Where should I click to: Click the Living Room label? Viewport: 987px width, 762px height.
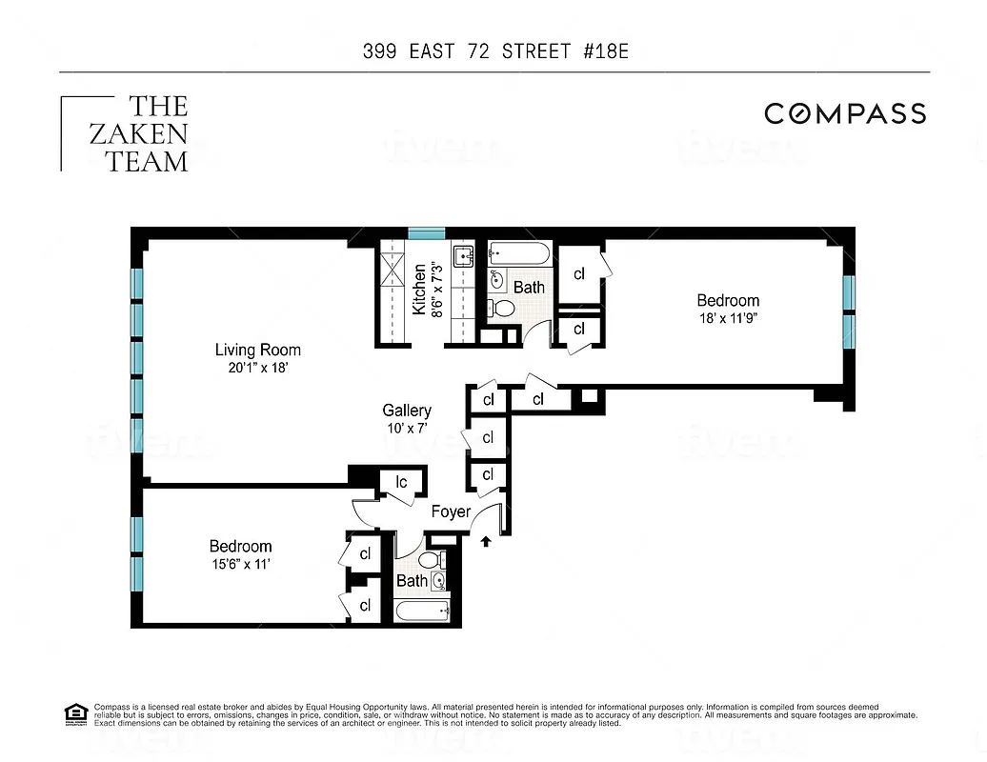click(257, 350)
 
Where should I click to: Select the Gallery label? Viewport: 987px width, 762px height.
click(407, 411)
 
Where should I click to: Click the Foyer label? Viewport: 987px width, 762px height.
click(451, 511)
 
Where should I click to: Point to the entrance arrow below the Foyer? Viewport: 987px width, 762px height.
click(488, 542)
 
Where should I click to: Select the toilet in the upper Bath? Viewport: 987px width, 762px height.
click(499, 308)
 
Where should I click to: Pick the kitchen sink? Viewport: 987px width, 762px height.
click(464, 255)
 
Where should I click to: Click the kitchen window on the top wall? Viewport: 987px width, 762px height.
click(426, 232)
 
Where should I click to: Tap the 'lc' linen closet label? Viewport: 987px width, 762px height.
click(401, 482)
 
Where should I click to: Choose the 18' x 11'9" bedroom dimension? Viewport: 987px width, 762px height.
click(728, 319)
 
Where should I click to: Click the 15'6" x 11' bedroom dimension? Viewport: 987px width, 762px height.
click(240, 564)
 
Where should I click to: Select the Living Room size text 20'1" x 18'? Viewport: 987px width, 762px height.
click(257, 368)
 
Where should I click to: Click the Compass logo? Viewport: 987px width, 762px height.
click(845, 113)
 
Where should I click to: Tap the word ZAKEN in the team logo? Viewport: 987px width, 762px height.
click(139, 133)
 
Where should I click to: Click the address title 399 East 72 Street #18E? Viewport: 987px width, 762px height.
click(494, 51)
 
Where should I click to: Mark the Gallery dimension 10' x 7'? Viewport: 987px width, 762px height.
click(407, 429)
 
